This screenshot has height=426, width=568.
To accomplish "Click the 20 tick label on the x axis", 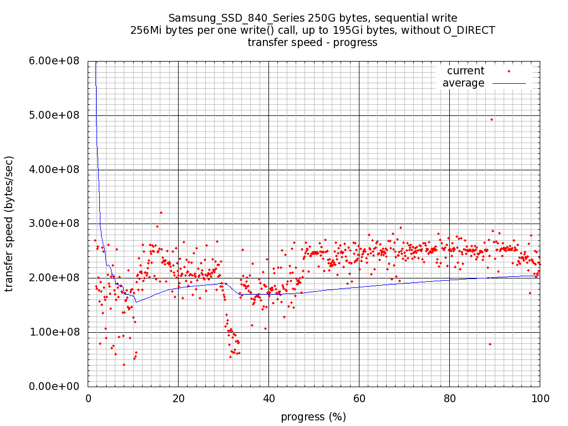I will (178, 398).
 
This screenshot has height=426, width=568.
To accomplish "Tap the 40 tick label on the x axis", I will (268, 398).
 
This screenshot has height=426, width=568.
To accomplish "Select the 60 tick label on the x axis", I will (359, 398).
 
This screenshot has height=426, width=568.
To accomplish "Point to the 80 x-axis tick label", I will (449, 398).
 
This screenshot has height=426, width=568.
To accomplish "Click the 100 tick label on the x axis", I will (540, 398).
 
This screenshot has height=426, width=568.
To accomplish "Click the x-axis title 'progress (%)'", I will (313, 417).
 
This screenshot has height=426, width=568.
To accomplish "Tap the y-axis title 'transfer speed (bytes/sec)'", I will (9, 224).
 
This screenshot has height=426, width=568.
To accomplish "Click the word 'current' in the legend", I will (465, 71).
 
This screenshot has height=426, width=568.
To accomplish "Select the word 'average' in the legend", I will (463, 83).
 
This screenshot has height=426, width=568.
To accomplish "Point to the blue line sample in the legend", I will (509, 83).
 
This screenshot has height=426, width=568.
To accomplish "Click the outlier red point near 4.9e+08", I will (491, 119).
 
